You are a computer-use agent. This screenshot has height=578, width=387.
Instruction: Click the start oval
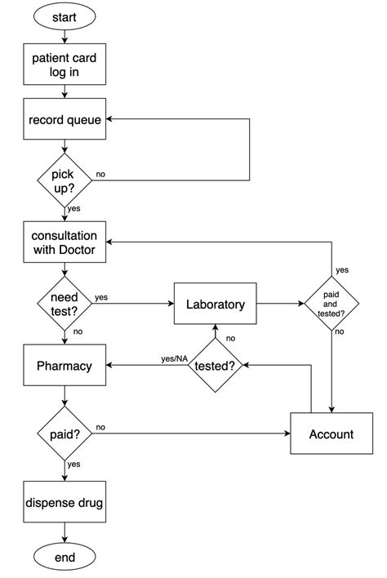point(64,16)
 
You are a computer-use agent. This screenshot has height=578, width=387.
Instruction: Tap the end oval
point(64,558)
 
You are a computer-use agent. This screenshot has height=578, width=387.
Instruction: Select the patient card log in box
point(64,64)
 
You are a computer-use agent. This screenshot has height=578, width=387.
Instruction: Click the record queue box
point(64,120)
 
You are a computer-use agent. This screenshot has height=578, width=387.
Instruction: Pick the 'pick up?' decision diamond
point(64,180)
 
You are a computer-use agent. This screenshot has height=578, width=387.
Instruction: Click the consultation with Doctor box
point(64,242)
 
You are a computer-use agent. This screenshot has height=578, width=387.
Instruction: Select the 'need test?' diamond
point(64,304)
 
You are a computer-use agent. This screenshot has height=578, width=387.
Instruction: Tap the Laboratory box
point(215,305)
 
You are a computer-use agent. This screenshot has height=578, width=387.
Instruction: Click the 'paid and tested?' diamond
point(332,304)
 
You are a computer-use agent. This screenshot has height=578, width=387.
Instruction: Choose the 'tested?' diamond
point(216,366)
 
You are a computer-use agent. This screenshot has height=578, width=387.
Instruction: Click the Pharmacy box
point(64,366)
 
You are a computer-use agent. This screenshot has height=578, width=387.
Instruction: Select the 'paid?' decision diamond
point(64,433)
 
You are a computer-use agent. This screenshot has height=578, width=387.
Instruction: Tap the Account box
point(331,433)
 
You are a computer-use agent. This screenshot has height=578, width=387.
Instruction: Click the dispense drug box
point(64,503)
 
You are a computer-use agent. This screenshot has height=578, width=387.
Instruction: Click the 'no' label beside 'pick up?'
point(100,175)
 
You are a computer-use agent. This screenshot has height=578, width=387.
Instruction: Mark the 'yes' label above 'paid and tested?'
point(342,269)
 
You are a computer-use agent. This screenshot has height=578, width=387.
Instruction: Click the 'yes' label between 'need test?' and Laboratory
point(101,297)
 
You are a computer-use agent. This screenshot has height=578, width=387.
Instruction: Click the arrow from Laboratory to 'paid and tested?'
point(279,304)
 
